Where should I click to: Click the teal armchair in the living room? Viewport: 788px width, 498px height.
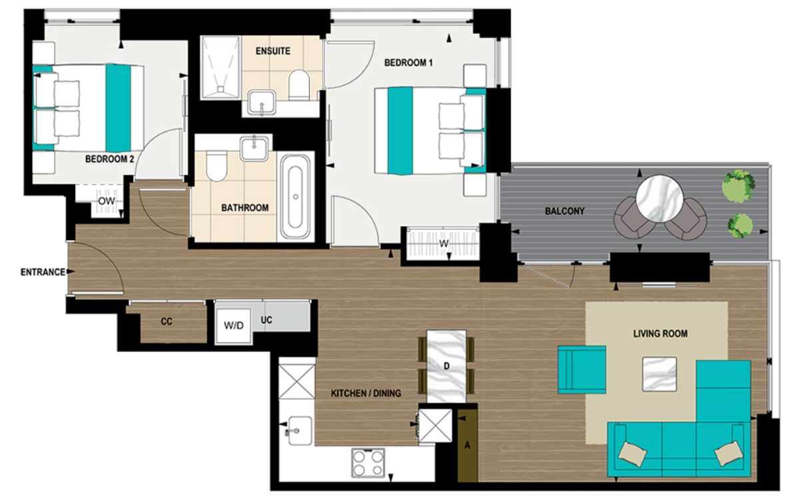581,369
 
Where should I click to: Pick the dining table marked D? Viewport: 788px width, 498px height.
445,366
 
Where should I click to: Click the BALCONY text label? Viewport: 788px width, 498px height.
564,211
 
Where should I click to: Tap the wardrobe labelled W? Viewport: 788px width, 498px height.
442,244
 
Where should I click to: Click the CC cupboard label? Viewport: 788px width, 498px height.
167,321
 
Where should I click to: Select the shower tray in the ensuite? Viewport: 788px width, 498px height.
218,67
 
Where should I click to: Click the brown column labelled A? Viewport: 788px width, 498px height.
468,445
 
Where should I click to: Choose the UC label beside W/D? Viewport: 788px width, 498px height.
266,320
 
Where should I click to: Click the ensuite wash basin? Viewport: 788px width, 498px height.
263,103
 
